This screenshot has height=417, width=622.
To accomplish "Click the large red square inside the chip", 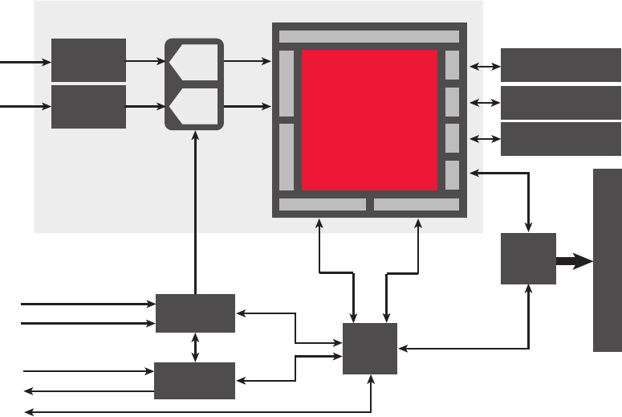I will tap(369, 121).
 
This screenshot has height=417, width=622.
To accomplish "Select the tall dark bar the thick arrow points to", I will tap(607, 260).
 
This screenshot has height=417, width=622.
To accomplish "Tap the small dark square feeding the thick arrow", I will tap(528, 259).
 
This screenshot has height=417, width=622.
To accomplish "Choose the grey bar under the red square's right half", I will tap(416, 205).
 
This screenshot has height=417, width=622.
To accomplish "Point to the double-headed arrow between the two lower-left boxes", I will tap(195, 347).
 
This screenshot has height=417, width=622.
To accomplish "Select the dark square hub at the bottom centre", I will tap(370, 349).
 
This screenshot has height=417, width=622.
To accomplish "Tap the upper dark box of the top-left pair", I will tap(88, 59).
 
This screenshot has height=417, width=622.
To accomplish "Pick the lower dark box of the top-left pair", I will tap(88, 107).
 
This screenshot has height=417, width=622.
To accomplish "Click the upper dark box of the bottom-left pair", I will tap(195, 313).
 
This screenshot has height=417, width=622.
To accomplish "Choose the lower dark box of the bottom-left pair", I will tap(195, 381).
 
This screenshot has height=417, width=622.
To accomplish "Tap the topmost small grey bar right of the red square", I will tap(452, 65).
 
